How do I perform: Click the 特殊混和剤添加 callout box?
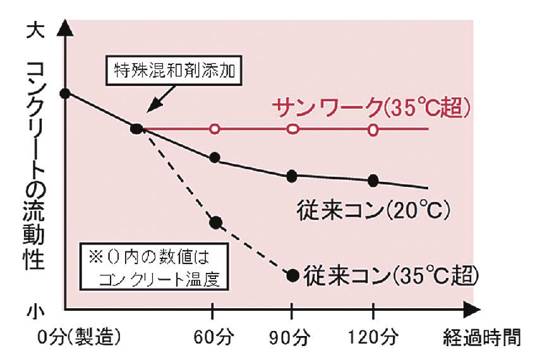tap(173, 70)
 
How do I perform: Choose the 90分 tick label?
tap(292, 338)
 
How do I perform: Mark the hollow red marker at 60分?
tap(215, 129)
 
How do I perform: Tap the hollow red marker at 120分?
tap(374, 129)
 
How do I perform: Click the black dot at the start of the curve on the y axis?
tap(64, 93)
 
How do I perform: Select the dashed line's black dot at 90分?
tap(292, 275)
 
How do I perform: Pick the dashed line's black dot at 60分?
tap(215, 222)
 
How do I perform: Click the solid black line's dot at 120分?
tap(373, 181)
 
